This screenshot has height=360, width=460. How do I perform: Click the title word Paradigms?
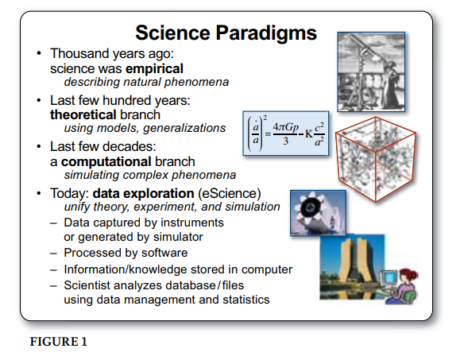[x=266, y=33]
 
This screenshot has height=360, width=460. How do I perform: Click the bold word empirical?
[x=154, y=69]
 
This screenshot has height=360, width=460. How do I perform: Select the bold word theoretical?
[x=83, y=114]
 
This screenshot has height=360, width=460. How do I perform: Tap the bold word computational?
[x=106, y=161]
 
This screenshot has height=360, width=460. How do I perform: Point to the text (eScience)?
[x=230, y=194]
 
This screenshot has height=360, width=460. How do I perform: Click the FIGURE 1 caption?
[x=59, y=342]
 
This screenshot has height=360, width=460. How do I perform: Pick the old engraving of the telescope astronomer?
[x=371, y=72]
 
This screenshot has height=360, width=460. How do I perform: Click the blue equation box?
[x=286, y=134]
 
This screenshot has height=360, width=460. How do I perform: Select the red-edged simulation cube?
[x=376, y=159]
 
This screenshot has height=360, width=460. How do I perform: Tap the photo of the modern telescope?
[x=318, y=213]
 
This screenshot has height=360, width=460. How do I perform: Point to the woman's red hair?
[x=408, y=276]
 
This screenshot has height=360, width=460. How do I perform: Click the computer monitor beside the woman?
[x=389, y=279]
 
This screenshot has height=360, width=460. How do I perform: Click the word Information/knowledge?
[x=125, y=270]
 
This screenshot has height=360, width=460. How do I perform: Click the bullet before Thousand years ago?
[x=39, y=54]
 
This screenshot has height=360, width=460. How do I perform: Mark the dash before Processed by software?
[x=53, y=254]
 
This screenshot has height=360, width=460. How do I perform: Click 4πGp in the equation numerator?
[x=286, y=127]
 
